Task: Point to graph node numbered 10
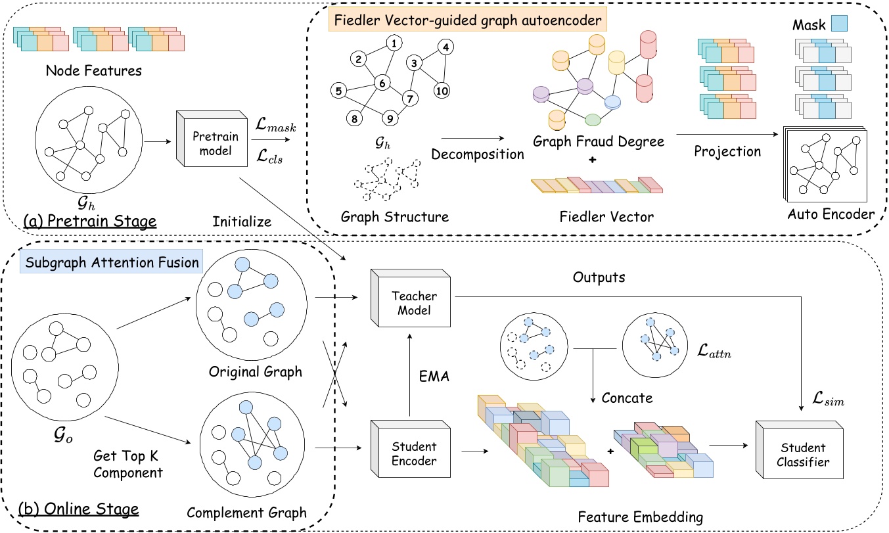tap(443, 91)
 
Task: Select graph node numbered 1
tap(393, 44)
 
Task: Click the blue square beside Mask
tap(839, 24)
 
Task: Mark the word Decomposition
tap(477, 154)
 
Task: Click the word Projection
tap(727, 152)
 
